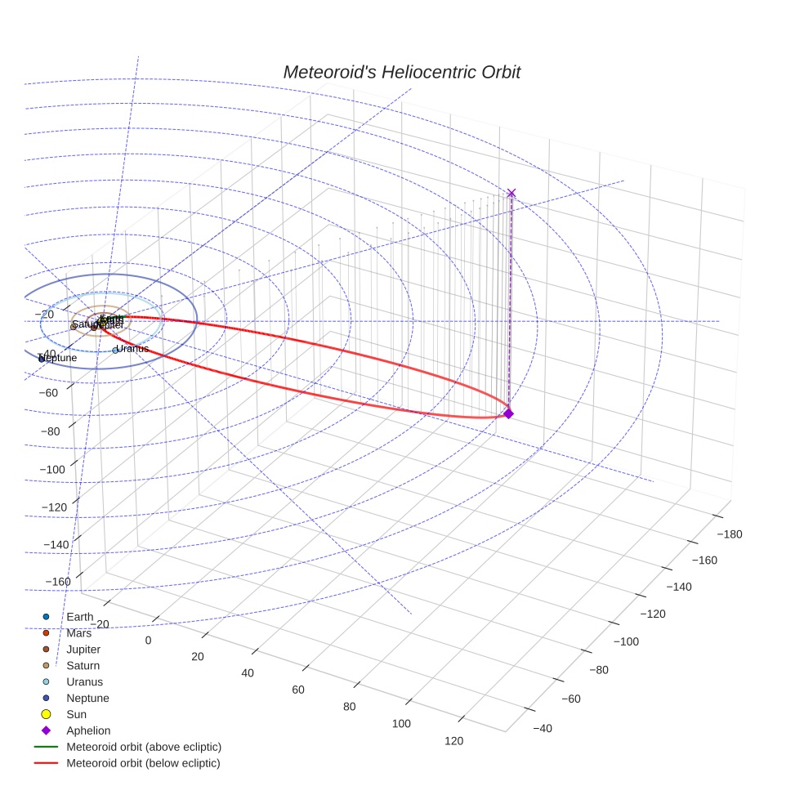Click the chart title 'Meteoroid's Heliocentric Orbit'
pos(401,72)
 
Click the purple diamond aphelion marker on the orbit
pos(508,413)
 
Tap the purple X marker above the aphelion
pos(511,193)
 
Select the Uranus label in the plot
pos(132,349)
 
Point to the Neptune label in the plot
pos(58,358)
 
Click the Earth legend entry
pos(79,616)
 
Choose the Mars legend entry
pos(78,632)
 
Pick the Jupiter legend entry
pos(83,649)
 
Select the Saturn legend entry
pos(83,665)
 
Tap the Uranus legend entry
pos(84,681)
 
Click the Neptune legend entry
pos(87,698)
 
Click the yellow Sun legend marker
pos(47,714)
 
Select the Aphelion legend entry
pos(88,730)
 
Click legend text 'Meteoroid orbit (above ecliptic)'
pos(144,747)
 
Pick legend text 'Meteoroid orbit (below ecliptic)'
pos(143,763)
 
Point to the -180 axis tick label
pos(729,534)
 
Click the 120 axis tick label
pos(453,741)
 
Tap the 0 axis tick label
pos(148,640)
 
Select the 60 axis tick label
pos(298,690)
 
